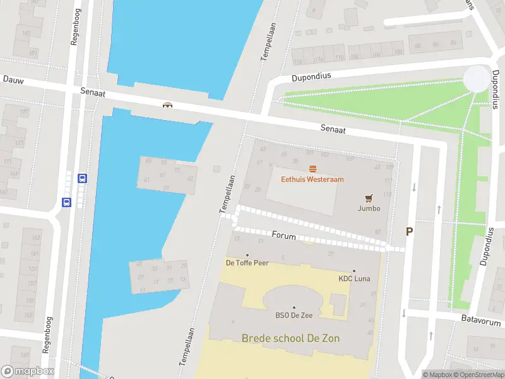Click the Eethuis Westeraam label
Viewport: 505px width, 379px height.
(x=312, y=179)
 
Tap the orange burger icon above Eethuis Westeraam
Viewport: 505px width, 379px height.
(x=312, y=168)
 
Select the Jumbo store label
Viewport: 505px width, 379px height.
(x=369, y=208)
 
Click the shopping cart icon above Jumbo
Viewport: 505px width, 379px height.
(x=369, y=198)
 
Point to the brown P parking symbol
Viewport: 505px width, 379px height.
(x=409, y=232)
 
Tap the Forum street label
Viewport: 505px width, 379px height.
(x=284, y=234)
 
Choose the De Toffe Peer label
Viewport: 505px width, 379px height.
(x=247, y=263)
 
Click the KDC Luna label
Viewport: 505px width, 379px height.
(x=354, y=279)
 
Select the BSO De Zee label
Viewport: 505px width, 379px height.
(x=294, y=316)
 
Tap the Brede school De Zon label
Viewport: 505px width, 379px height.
(x=290, y=339)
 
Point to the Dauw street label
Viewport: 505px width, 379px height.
(x=13, y=80)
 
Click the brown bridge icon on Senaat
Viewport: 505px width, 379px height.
(x=167, y=106)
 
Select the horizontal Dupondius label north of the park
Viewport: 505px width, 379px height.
(x=311, y=76)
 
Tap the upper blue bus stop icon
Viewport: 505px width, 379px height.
(x=82, y=179)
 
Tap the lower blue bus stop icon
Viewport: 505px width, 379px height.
(x=66, y=202)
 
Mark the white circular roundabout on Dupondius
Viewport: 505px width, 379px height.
(x=476, y=78)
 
